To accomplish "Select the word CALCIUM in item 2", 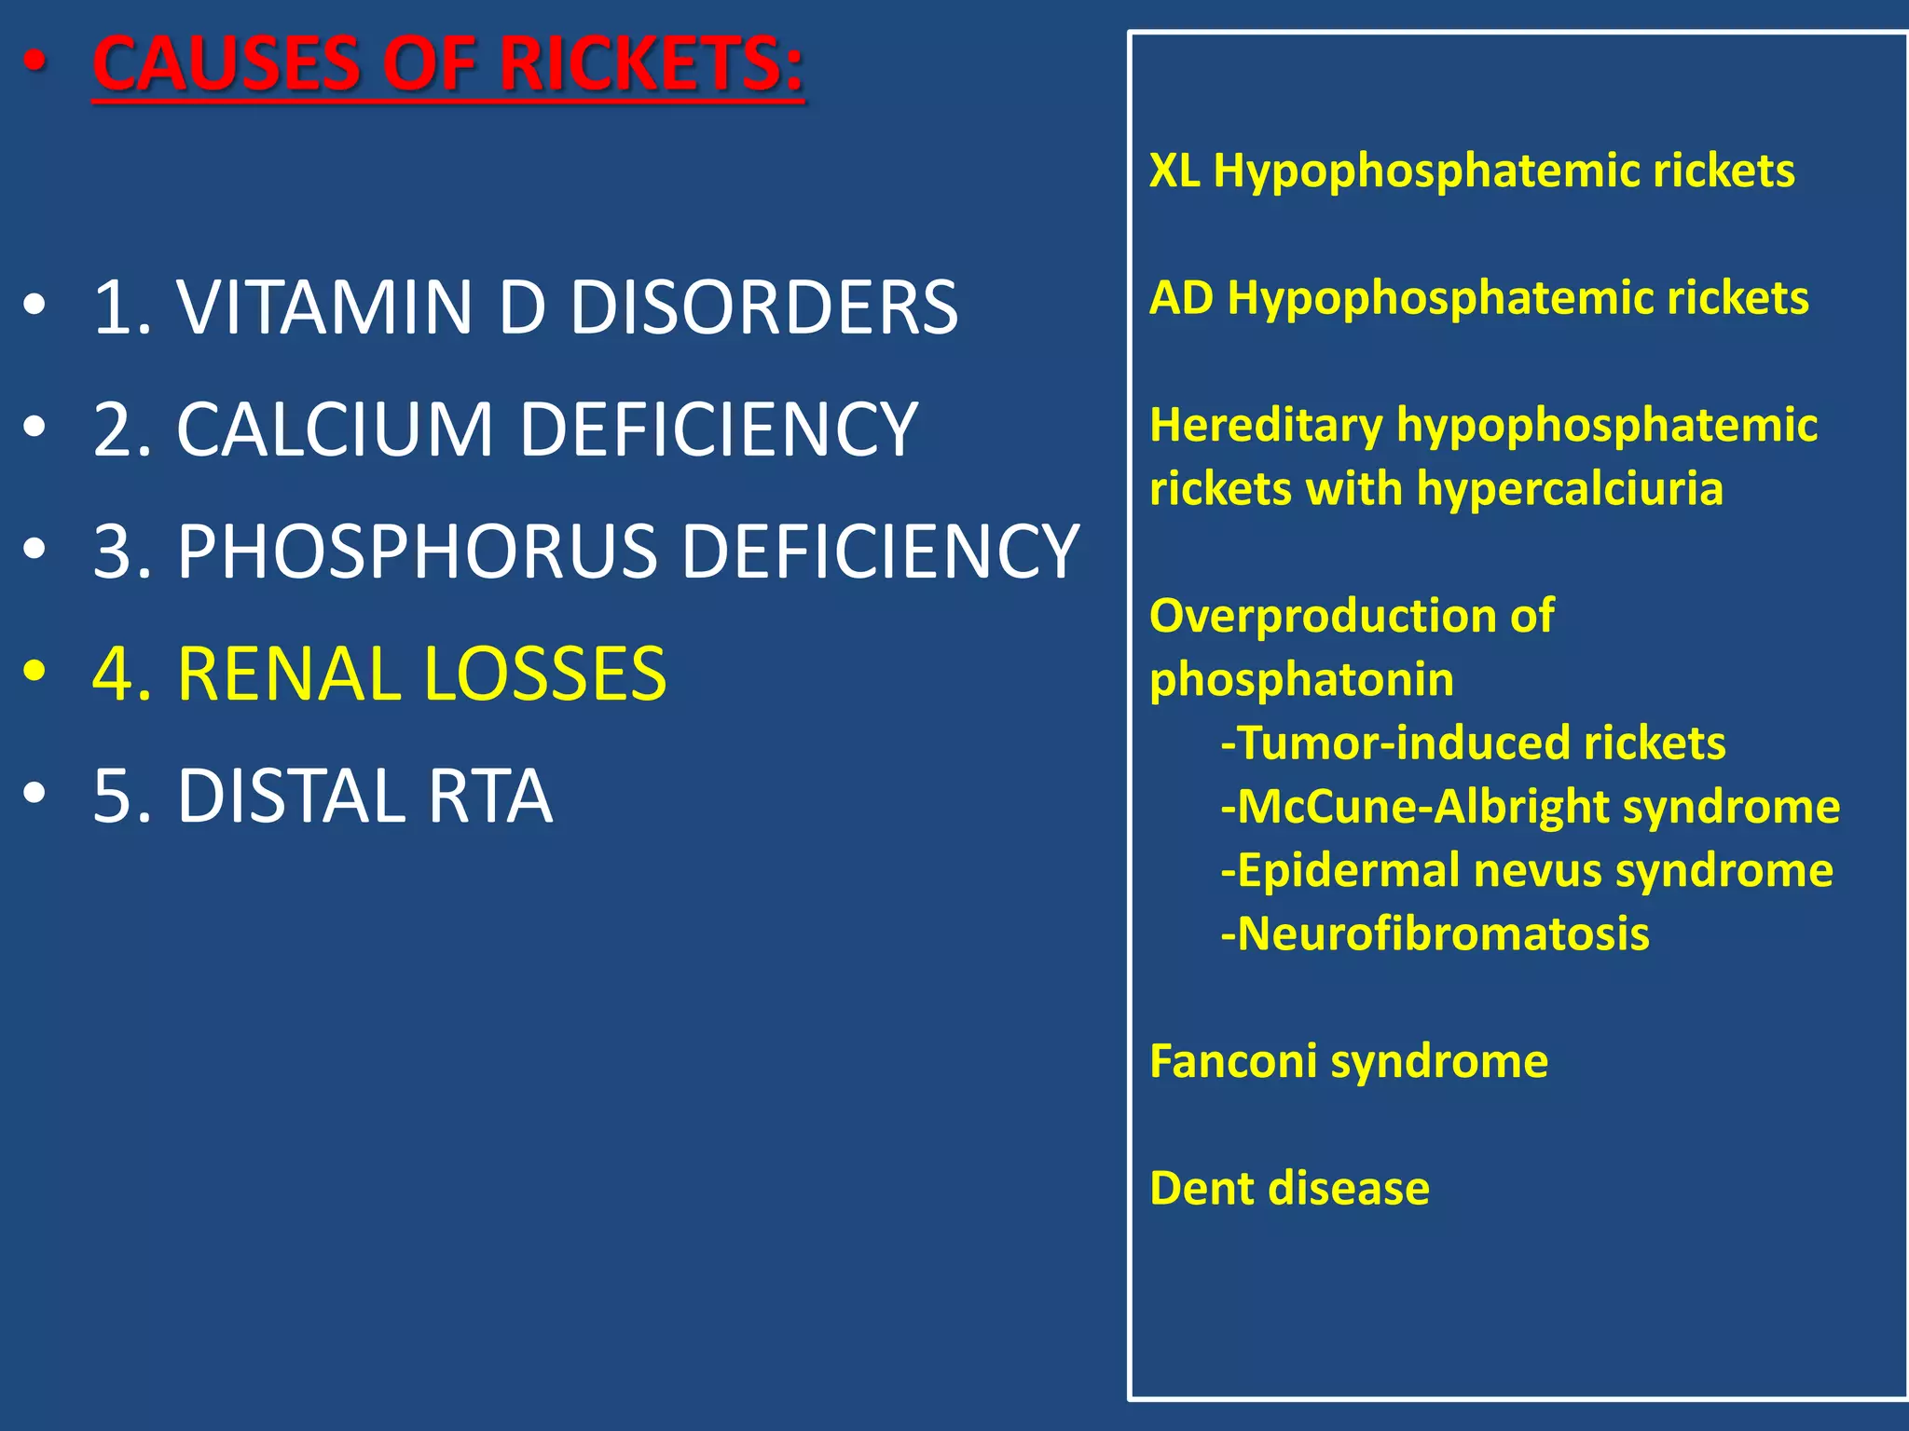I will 334,429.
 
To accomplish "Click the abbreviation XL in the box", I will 1174,170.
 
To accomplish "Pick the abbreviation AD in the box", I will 1181,298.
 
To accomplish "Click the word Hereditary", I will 1266,426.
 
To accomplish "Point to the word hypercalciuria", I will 1570,489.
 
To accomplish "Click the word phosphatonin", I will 1301,680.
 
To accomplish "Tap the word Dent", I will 1202,1189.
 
